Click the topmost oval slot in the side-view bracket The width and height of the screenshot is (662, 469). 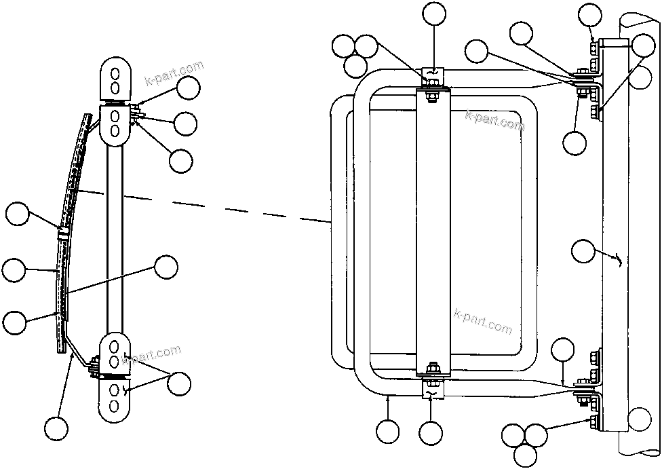tap(115, 72)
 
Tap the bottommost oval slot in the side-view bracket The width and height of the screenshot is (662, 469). tap(115, 406)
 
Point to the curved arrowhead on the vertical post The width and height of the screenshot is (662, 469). tap(619, 259)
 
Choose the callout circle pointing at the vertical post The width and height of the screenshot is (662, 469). tap(583, 250)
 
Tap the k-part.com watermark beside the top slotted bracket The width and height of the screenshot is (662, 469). tap(174, 74)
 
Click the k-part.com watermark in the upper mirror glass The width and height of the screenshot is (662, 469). tap(494, 120)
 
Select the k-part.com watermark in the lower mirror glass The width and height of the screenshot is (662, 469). tap(484, 322)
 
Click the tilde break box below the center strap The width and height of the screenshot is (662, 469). tap(431, 392)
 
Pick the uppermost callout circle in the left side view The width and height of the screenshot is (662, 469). tap(188, 88)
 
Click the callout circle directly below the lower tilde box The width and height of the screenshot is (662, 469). tap(431, 432)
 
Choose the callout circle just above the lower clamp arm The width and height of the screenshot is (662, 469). tap(562, 352)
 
